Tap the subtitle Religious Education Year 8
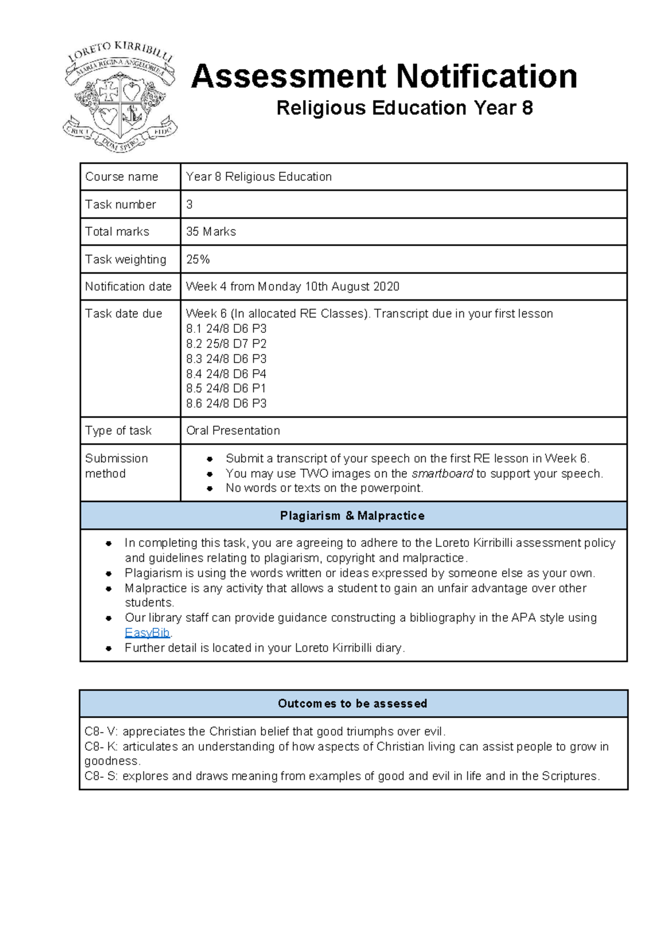[x=404, y=108]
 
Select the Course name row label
[x=121, y=177]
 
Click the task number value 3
[x=189, y=204]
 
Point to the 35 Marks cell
[x=211, y=232]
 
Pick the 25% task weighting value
[x=198, y=259]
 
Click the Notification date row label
[x=128, y=287]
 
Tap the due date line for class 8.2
[x=226, y=344]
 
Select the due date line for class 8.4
[x=226, y=374]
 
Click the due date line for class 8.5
[x=226, y=388]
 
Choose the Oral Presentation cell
[x=233, y=431]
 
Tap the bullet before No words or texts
[x=210, y=488]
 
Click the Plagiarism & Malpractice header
[x=352, y=516]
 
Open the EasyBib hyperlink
[x=147, y=633]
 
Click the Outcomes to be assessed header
[x=352, y=704]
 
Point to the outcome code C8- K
[x=101, y=746]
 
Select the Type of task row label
[x=118, y=431]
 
